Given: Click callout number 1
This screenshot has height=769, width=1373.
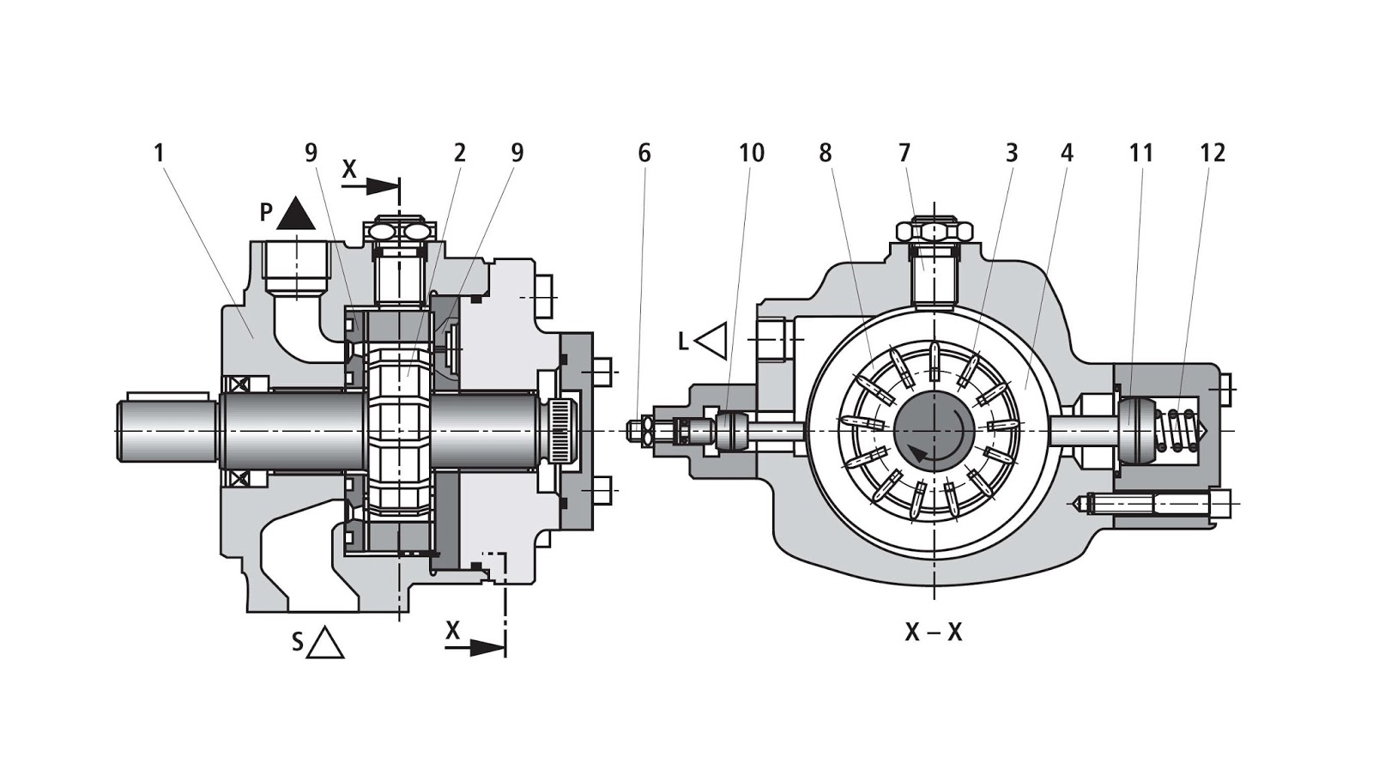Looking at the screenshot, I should [x=159, y=154].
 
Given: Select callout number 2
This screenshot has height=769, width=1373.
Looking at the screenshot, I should [x=460, y=154].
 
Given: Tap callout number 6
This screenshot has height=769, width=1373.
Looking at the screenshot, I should [x=644, y=154].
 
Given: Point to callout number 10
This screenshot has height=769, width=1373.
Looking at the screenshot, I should [x=751, y=154].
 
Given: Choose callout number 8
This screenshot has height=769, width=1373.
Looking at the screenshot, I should [x=826, y=154].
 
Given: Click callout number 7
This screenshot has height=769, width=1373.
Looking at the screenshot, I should [x=904, y=154].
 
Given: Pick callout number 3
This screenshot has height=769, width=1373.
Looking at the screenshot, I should [x=1012, y=154].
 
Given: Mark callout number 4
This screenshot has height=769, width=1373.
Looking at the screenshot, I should [x=1067, y=154].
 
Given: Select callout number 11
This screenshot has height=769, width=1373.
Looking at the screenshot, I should [x=1140, y=154].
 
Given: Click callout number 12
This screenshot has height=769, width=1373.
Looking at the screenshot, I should [x=1213, y=154].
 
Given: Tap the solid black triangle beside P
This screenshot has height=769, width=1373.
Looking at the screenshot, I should [x=296, y=215].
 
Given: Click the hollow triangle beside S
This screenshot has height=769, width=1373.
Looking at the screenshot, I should [x=325, y=643].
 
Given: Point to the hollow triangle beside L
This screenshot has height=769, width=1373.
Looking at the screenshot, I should [x=712, y=341].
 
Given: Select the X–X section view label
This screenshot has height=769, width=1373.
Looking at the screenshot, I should [x=934, y=633].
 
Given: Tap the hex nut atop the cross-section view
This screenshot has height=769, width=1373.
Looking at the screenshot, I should [x=934, y=230].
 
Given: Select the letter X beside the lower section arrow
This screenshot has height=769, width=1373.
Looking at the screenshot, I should [x=453, y=631].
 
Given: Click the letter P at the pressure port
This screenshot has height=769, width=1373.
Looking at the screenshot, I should [x=267, y=213].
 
